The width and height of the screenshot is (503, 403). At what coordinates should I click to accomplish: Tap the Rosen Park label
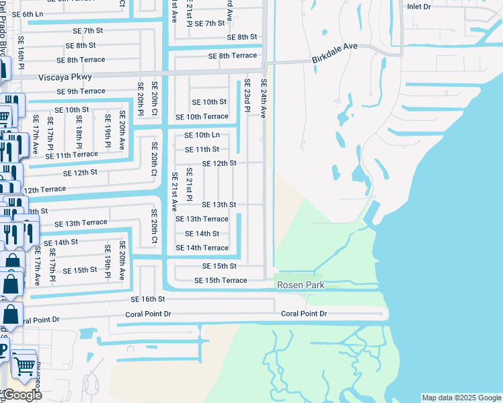point(301,285)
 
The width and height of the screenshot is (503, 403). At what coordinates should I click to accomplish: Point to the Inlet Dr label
point(422,6)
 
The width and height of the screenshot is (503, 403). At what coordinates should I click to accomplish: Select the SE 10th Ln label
point(202,134)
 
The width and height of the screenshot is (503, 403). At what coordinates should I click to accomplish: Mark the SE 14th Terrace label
point(202,248)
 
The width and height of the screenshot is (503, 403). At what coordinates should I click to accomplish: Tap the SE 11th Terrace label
point(72,154)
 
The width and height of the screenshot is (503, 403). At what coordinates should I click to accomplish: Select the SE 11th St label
point(202,149)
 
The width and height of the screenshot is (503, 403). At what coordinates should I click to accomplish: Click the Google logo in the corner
point(22,395)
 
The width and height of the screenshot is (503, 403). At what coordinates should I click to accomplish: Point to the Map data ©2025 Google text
point(461,398)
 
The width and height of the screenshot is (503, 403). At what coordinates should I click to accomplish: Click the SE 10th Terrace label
point(202,117)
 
